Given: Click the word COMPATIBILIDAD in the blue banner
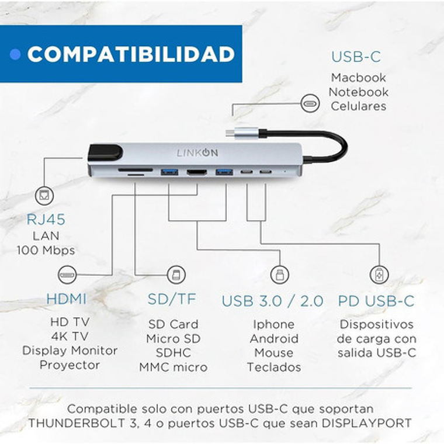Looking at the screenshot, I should coord(131,54).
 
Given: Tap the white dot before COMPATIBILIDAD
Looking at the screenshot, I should coord(16,54).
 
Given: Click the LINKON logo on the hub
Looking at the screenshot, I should coord(197,152).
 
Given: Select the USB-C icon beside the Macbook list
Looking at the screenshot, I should coord(310,105).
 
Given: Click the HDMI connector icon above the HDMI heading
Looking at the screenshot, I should coord(67,274).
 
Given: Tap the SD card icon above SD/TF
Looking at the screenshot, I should coord(174,274).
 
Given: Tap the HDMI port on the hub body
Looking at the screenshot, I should coord(197,172).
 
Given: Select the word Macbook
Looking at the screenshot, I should coord(358,77).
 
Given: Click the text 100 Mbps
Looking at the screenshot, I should coord(45,250).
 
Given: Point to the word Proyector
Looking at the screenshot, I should coord(70,365).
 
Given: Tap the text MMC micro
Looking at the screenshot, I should coord(173,367).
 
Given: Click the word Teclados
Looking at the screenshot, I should coord(273,367).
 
